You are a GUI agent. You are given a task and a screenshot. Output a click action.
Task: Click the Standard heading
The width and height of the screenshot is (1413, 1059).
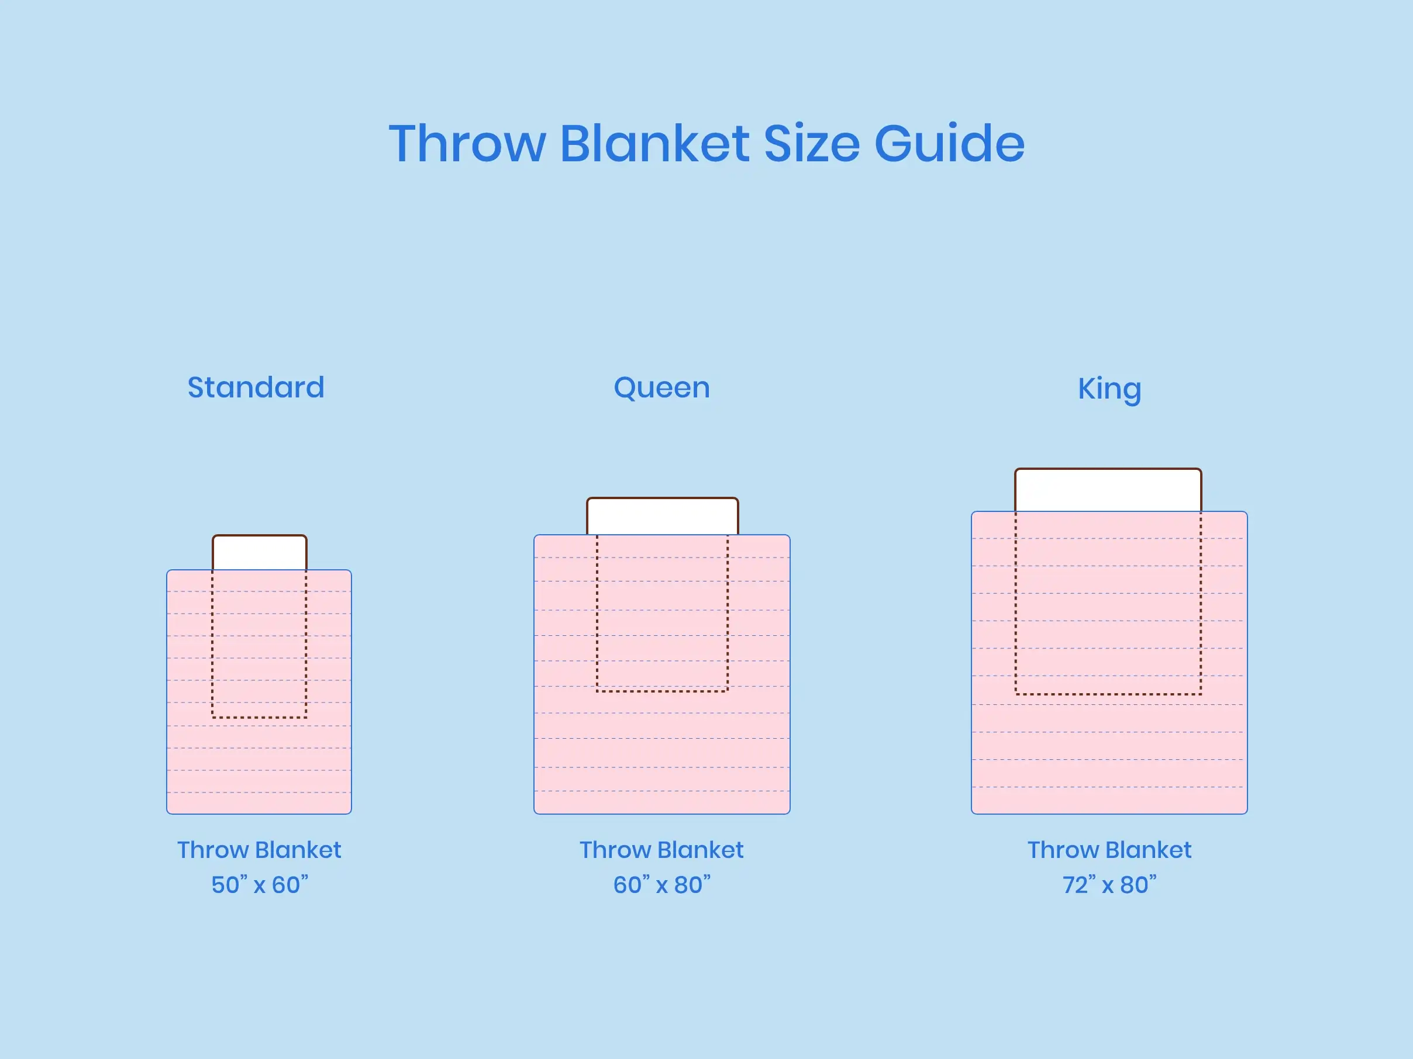(256, 387)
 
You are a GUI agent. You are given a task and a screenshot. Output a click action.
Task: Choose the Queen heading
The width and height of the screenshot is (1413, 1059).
(662, 388)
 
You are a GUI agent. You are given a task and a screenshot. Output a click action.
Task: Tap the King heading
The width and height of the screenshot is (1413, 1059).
(1109, 389)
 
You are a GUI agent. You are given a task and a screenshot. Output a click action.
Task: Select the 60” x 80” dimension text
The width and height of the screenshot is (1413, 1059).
(662, 885)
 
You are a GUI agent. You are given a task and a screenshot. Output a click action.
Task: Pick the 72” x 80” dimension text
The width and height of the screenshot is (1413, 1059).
(1109, 885)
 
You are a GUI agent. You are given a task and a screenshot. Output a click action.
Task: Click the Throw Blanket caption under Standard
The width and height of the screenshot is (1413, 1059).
(259, 850)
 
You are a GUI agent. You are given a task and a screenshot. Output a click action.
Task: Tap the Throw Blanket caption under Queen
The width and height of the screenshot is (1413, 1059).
(662, 850)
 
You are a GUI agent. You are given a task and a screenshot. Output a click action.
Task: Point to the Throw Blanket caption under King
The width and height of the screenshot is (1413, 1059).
(1109, 850)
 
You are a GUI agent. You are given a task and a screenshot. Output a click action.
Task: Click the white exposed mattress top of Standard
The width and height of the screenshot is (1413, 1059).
(259, 553)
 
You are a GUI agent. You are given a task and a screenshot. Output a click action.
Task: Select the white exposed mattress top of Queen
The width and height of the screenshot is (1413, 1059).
(663, 517)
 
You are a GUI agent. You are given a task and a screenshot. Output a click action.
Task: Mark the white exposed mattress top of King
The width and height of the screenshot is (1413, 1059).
(1108, 490)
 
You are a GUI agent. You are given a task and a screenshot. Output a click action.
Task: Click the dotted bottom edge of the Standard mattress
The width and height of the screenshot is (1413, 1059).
(259, 718)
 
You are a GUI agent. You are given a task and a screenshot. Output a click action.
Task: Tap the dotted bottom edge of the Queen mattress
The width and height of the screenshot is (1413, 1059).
(663, 691)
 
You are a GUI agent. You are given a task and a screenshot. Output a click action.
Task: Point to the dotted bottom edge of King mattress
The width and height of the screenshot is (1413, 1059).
(1108, 694)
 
